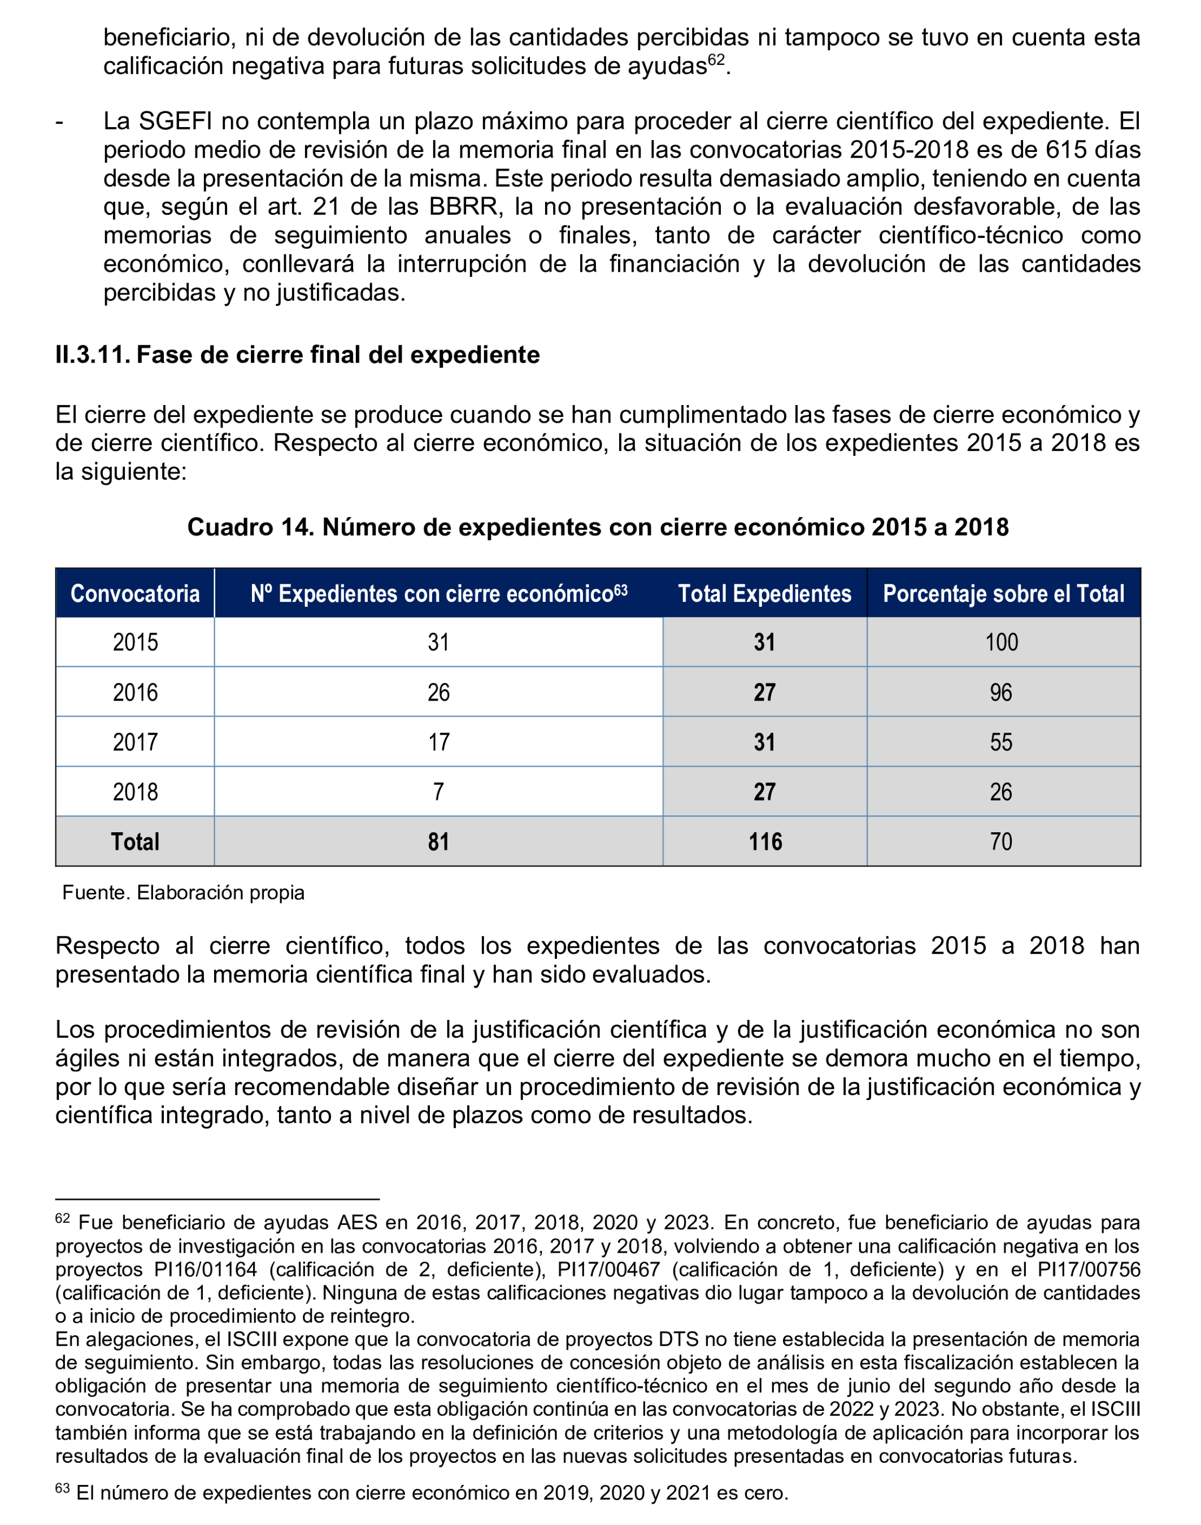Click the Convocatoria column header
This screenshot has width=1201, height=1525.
[135, 594]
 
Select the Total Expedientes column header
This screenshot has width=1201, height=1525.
[764, 594]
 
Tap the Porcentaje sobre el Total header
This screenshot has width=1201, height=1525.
[1003, 594]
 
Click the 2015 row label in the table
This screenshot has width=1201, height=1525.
[135, 642]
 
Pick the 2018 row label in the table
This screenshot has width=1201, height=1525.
[135, 792]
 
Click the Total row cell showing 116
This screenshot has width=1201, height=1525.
[764, 842]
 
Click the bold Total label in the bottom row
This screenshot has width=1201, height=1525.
[135, 842]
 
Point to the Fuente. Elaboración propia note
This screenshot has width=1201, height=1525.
[184, 893]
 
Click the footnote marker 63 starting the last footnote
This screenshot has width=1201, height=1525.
[62, 1488]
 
